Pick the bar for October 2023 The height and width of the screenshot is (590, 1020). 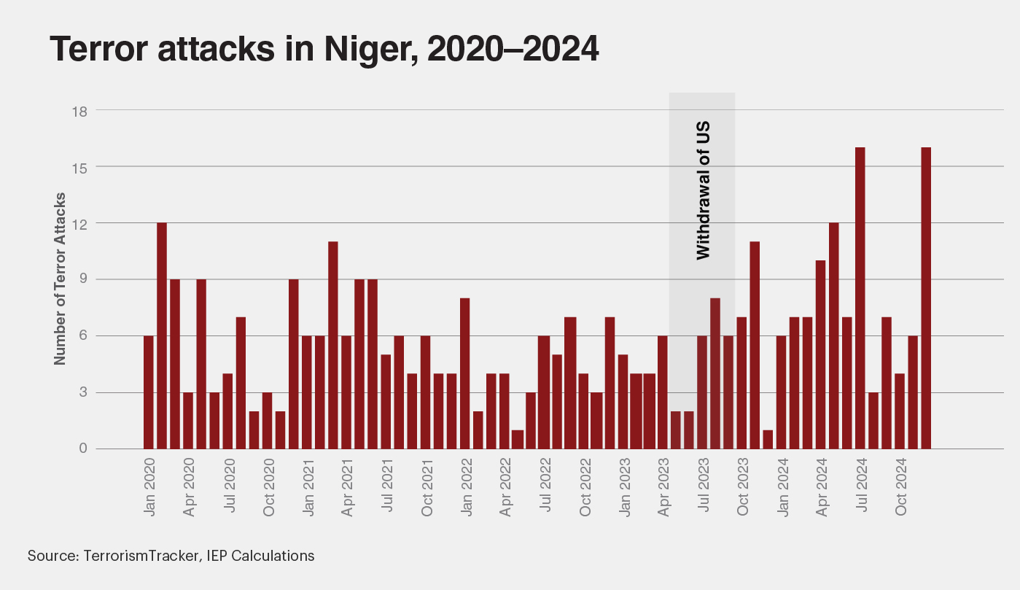coord(741,383)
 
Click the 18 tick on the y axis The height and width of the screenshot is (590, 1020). coord(80,111)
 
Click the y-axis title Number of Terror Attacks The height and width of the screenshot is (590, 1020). coord(61,279)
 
